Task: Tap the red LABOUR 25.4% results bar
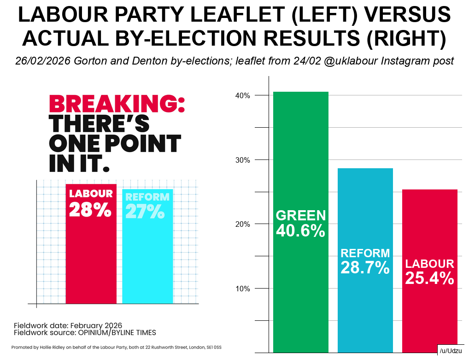click(429, 230)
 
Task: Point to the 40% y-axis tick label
click(243, 96)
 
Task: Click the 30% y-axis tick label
click(243, 160)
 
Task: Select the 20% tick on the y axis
click(243, 224)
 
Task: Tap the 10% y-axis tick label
click(243, 289)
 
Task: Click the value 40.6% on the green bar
click(300, 230)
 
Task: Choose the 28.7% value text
click(365, 267)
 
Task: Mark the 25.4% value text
click(429, 278)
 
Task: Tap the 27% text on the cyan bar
click(145, 211)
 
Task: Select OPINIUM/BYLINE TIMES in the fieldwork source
click(116, 332)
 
